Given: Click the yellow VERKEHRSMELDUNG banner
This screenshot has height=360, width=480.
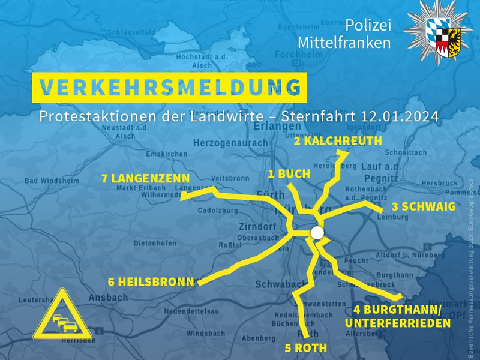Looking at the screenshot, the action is pos(169,88).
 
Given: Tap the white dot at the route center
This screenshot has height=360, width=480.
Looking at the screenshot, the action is pos(317,233).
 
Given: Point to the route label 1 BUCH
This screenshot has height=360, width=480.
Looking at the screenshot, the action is pos(289,174).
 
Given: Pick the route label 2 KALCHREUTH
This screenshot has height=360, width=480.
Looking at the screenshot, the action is pos(338,141).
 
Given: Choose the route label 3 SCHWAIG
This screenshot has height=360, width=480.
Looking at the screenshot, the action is pos(423,206).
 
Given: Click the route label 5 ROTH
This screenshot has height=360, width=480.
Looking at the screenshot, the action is pos(305,348).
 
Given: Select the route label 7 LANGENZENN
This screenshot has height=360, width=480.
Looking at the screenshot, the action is pos(146,178).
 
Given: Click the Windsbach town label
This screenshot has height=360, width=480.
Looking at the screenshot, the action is pos(206,333).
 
